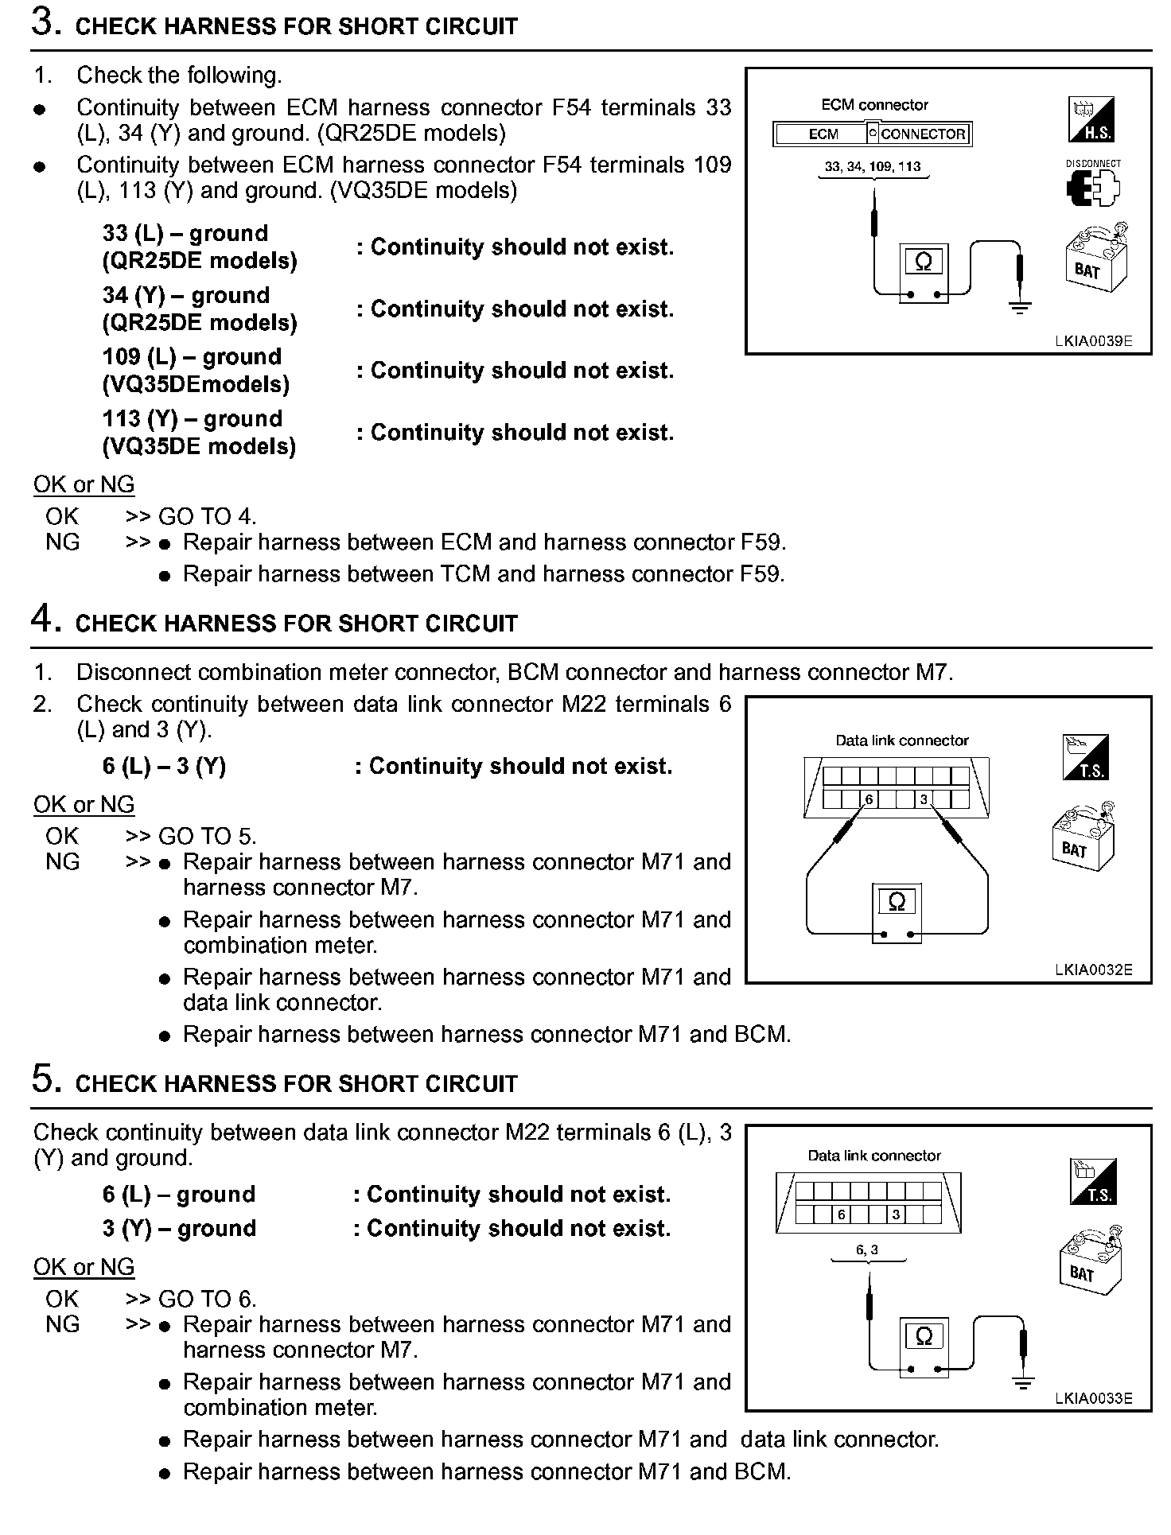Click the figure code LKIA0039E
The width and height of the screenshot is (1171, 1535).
pos(1093,341)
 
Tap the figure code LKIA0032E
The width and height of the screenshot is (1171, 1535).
pos(1093,970)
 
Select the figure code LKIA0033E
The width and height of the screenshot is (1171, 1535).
pos(1093,1399)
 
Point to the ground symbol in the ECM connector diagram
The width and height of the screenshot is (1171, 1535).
pos(1020,306)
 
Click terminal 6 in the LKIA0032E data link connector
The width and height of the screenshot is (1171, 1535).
pos(869,799)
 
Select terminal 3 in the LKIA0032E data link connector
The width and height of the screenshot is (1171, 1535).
pos(924,799)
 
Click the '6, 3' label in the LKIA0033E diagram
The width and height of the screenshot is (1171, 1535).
pos(867,1249)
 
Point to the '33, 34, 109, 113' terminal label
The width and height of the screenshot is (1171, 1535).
pos(873,167)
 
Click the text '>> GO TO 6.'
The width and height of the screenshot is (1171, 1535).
pos(191,1299)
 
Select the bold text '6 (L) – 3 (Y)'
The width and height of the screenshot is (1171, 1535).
pos(164,766)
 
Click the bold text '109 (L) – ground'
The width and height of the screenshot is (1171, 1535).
pos(192,357)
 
